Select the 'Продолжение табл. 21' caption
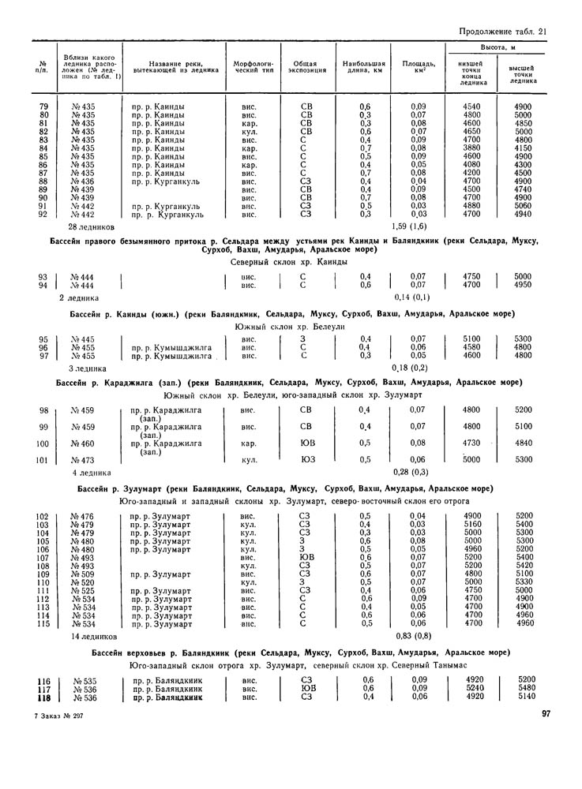coord(502,32)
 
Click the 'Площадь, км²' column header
coord(418,66)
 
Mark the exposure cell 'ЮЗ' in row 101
coord(306,460)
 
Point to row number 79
coord(44,107)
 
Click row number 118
coord(43,697)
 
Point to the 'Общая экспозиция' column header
coord(305,66)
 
